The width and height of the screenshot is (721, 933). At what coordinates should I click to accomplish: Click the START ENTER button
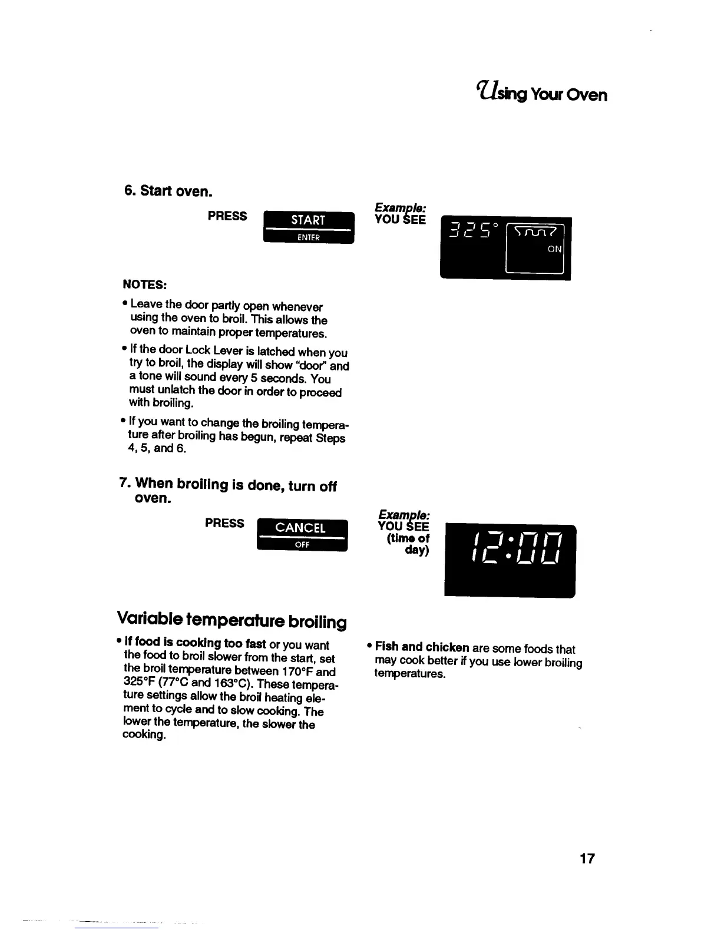click(x=308, y=227)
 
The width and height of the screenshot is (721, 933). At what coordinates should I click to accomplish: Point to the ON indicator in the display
click(x=554, y=249)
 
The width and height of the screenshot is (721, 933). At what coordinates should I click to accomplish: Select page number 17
click(x=587, y=859)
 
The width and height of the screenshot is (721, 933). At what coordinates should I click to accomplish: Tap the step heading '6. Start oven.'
click(x=167, y=192)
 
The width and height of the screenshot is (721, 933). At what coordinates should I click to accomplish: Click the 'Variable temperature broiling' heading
click(x=231, y=620)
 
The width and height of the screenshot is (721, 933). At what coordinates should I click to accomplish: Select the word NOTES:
click(x=144, y=285)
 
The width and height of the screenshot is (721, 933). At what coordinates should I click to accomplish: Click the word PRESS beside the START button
click(x=227, y=216)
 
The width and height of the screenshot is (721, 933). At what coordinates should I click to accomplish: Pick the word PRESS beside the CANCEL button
click(x=224, y=523)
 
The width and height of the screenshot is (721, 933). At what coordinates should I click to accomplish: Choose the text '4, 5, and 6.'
click(x=157, y=449)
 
